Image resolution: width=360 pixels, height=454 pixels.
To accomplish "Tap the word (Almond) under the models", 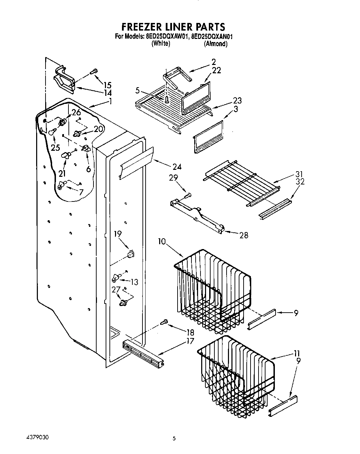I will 215,44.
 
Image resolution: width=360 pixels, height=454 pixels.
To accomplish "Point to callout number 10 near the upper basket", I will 162,241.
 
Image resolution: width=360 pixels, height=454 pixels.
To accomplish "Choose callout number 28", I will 244,235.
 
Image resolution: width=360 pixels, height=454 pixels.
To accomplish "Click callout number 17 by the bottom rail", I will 190,341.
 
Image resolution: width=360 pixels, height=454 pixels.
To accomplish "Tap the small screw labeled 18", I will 164,323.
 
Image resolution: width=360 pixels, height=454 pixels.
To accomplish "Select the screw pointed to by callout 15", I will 93,72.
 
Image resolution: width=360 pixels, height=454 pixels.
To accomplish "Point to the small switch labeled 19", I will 131,254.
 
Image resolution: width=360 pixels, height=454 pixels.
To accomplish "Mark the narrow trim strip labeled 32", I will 274,209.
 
